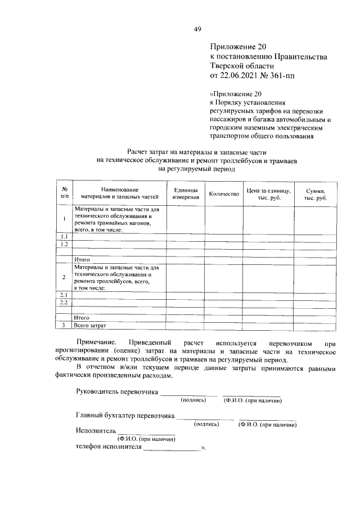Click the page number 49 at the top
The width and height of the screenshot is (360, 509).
coord(197,30)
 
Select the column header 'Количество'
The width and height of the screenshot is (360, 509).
coord(224,194)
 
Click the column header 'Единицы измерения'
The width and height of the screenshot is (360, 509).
coord(186,194)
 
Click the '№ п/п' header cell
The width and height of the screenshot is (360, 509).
coord(65,194)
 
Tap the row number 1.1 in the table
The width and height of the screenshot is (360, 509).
coord(65,237)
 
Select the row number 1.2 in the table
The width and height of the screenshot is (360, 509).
coord(65,244)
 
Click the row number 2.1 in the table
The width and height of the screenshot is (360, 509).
coord(65,295)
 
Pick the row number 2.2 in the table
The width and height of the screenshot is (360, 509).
coord(65,303)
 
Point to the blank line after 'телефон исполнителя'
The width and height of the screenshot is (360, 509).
coord(172,450)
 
